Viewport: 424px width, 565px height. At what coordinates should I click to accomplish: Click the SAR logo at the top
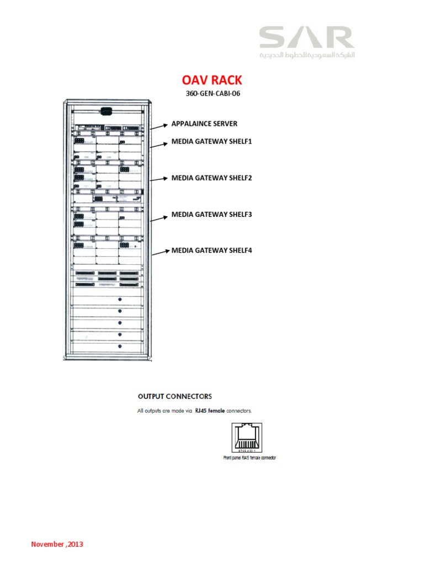click(306, 38)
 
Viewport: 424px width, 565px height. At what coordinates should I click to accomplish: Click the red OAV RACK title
click(212, 80)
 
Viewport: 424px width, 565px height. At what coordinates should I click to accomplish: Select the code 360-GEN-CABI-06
click(213, 93)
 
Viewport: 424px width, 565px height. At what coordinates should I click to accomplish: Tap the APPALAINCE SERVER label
click(204, 124)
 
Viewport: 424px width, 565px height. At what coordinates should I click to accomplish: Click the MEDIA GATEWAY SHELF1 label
click(211, 142)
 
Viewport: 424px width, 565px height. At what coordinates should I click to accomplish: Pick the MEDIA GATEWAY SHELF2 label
click(211, 178)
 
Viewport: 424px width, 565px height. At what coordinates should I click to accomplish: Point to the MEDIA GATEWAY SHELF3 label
click(211, 214)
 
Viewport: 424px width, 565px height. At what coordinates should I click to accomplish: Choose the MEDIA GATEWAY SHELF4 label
click(211, 250)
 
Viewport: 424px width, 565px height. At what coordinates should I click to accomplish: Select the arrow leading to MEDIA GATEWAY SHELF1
click(158, 145)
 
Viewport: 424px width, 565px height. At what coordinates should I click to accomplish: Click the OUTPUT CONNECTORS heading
click(174, 396)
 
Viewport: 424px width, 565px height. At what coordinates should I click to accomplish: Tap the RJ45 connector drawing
click(244, 438)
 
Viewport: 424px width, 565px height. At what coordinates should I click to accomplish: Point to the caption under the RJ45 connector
click(246, 458)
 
